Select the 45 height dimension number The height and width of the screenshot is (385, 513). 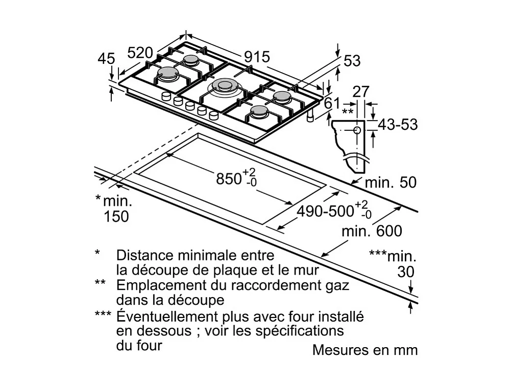click(106, 60)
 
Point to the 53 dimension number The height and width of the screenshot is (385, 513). click(352, 61)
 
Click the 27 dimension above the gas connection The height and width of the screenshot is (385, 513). click(361, 92)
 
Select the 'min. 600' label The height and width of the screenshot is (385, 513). click(372, 231)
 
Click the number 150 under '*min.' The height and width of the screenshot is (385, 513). click(117, 216)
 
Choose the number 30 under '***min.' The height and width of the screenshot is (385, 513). click(406, 272)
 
